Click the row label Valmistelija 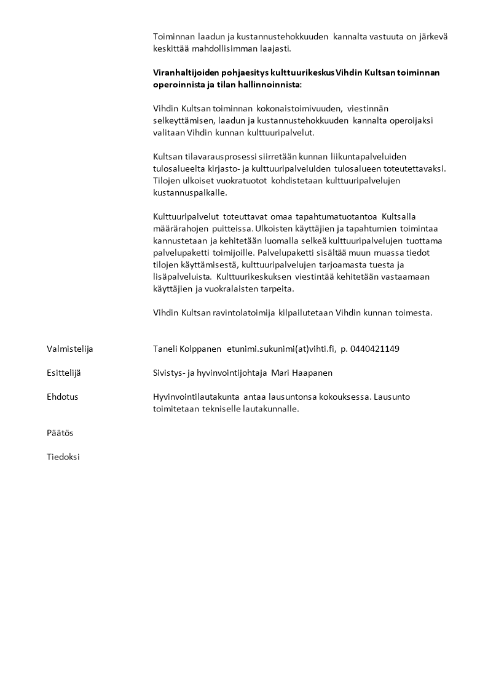point(69,349)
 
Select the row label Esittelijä point(63,373)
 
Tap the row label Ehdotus point(62,397)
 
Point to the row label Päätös point(60,433)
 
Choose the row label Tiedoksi point(63,457)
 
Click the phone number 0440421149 point(375,349)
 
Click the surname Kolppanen point(200,349)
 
